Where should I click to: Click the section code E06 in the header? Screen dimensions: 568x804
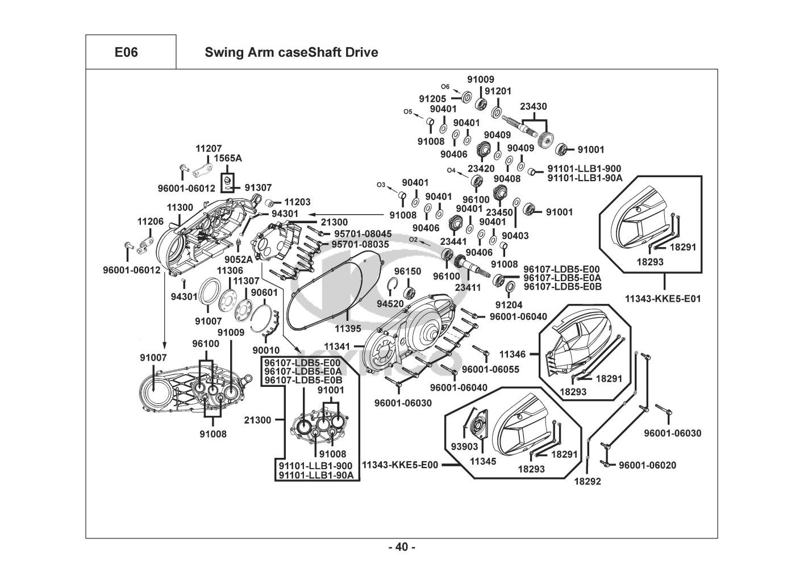point(126,52)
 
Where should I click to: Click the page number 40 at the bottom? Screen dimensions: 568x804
point(402,548)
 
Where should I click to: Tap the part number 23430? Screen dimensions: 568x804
point(534,107)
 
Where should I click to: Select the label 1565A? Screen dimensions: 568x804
point(228,158)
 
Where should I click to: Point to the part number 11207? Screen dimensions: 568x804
point(209,148)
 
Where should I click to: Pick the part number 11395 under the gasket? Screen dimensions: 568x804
point(347,329)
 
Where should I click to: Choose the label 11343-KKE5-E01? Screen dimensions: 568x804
point(663,298)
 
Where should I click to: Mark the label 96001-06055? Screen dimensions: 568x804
point(490,369)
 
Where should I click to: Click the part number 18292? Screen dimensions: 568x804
point(588,481)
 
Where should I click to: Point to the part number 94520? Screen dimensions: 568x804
point(391,304)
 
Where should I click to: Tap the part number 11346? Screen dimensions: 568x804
point(512,354)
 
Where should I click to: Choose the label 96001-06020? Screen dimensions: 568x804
point(647,465)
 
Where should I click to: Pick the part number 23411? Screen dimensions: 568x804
point(469,288)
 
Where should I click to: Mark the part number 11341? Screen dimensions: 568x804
point(337,346)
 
